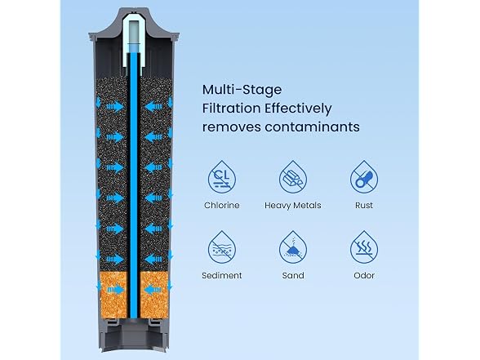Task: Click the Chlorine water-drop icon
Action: point(222,177)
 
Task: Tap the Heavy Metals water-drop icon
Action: point(293,177)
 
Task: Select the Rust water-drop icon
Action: point(364,177)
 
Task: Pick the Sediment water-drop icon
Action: point(222,247)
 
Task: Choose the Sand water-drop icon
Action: point(293,247)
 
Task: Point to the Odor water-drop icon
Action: point(364,247)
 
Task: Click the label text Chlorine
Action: point(222,205)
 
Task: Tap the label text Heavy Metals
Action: point(293,205)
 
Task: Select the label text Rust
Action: point(364,205)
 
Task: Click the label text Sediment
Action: point(222,276)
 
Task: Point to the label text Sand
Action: point(293,276)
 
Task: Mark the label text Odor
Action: point(364,276)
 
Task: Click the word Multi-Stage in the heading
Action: point(242,90)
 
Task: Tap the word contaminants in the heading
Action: point(312,127)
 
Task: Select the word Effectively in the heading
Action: point(298,109)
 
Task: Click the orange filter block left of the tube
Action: point(113,296)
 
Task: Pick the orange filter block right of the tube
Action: point(154,296)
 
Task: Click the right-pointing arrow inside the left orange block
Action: point(115,290)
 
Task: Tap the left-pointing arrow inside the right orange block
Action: point(153,290)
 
